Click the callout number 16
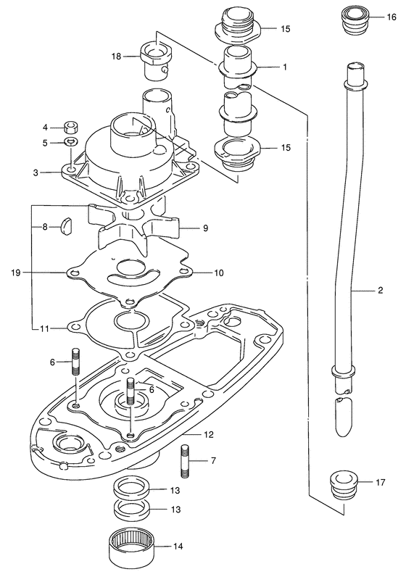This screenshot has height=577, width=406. pyautogui.click(x=391, y=17)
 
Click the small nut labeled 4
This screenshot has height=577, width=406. pyautogui.click(x=70, y=128)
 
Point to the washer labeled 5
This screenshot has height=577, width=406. pyautogui.click(x=70, y=141)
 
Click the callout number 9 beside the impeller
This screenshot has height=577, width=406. pyautogui.click(x=205, y=228)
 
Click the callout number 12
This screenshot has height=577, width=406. pyautogui.click(x=208, y=435)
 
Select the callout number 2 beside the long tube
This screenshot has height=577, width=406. pyautogui.click(x=380, y=290)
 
